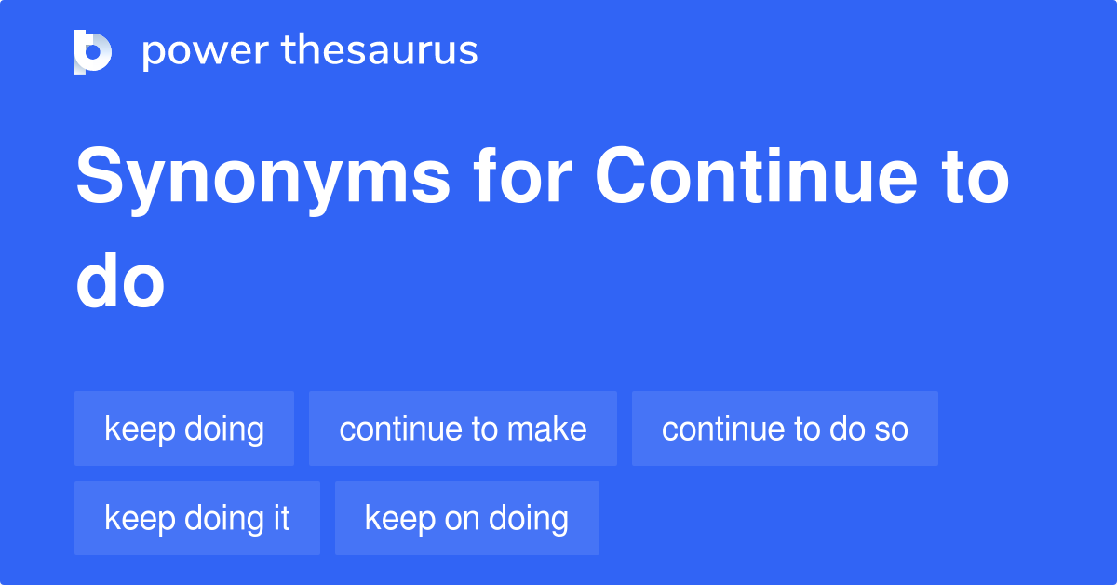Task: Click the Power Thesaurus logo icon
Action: (x=93, y=51)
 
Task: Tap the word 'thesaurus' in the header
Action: (x=380, y=51)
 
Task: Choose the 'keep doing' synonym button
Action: (x=184, y=429)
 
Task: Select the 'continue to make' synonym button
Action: (x=463, y=429)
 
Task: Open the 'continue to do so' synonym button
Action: (x=785, y=429)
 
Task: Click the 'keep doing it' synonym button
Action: (x=197, y=518)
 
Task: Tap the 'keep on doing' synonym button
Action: (x=466, y=518)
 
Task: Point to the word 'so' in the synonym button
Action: (x=891, y=429)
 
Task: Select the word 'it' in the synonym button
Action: (x=281, y=518)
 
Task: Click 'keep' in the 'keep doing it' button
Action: (x=135, y=518)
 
